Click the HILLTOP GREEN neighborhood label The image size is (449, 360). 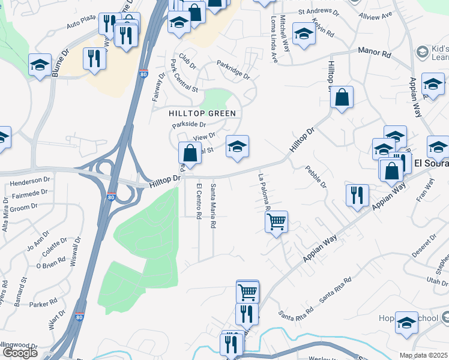point(202,113)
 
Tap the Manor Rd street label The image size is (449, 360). point(375,53)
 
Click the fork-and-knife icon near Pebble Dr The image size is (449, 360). point(357,196)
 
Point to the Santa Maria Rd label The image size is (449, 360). point(213,206)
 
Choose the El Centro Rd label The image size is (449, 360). point(199,202)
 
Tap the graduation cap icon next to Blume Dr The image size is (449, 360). point(40,66)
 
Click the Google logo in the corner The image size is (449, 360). point(20,353)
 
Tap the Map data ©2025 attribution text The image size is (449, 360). point(423,355)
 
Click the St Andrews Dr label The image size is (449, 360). point(318,11)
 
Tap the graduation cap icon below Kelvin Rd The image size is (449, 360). point(304,35)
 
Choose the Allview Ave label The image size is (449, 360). point(375,14)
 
